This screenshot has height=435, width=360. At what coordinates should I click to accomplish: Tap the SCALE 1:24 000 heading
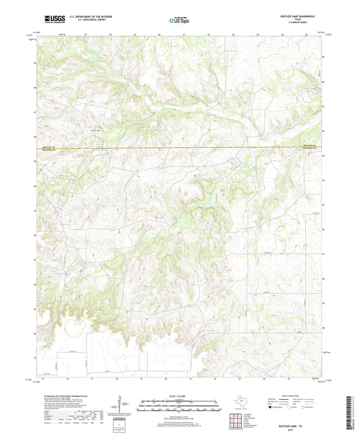coord(179,396)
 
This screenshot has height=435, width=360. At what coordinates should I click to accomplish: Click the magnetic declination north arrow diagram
coord(123,405)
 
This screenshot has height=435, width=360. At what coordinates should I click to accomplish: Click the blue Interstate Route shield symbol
coord(272,407)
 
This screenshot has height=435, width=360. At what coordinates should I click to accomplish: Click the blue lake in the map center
coord(209,200)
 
